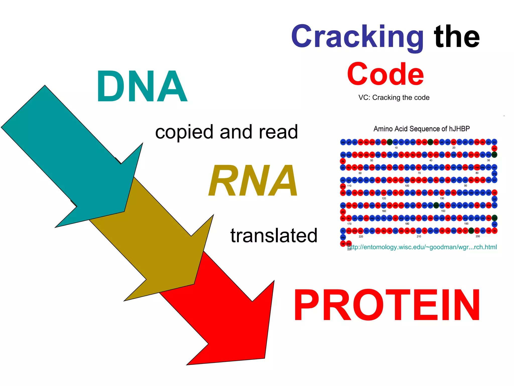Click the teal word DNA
142,87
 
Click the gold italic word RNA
253,180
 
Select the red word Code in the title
385,74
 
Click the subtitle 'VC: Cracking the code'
394,98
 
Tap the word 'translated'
274,235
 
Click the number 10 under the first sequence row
396,148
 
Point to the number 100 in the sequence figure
407,186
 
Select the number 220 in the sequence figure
361,236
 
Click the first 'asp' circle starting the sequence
343,142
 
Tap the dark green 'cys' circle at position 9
390,142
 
